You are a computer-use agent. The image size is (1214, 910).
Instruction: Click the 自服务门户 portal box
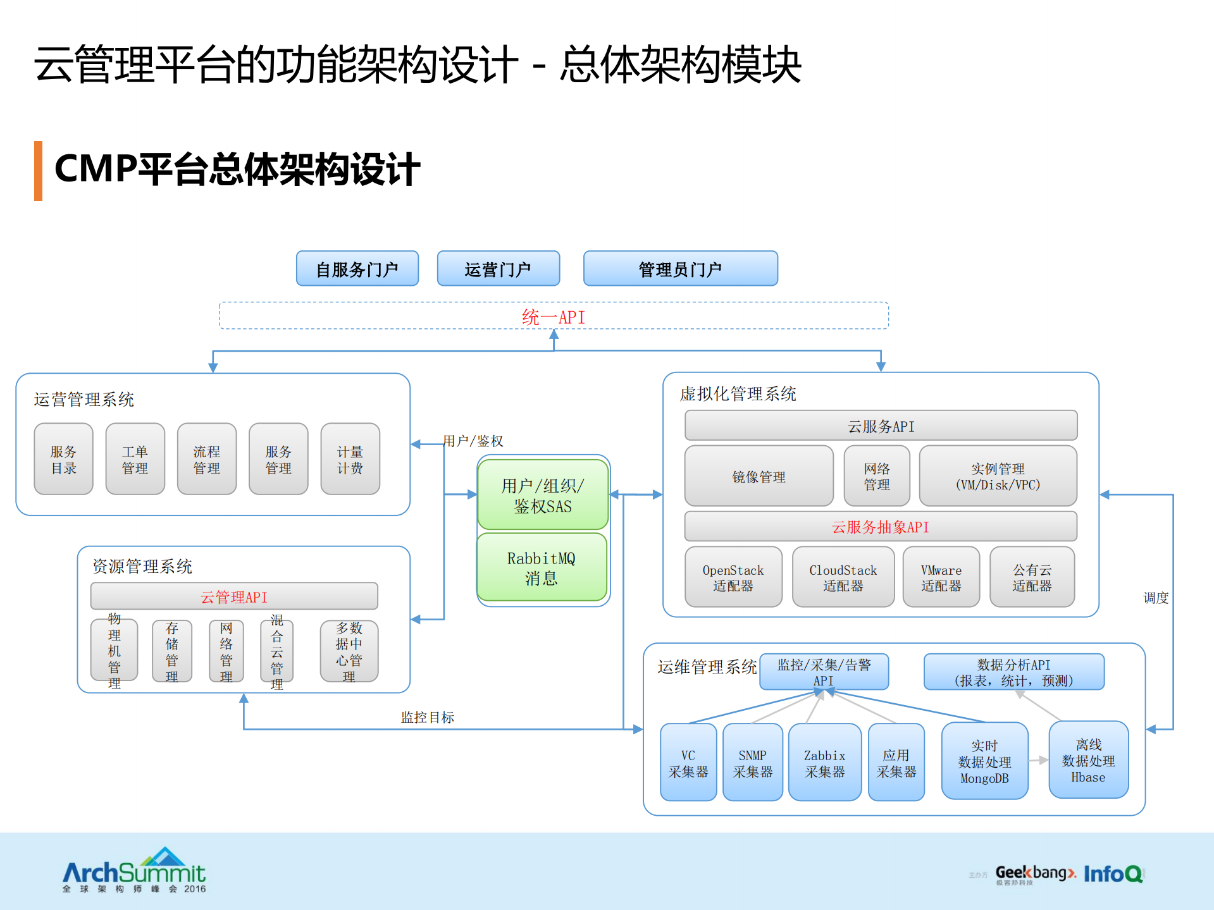tap(357, 269)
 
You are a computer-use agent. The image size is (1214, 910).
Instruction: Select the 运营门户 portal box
tap(498, 269)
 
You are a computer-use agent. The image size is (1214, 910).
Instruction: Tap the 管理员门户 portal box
tap(680, 269)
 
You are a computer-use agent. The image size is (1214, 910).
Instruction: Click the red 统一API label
tap(554, 317)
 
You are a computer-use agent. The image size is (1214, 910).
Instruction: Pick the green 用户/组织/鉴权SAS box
tap(543, 495)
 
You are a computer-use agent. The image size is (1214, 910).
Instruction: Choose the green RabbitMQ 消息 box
tap(542, 567)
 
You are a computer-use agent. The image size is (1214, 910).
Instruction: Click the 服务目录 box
tap(63, 459)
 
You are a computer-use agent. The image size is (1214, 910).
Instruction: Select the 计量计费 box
tap(350, 459)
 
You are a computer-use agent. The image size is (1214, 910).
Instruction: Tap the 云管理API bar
tap(234, 596)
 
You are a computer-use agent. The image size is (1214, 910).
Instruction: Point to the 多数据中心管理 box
tap(349, 651)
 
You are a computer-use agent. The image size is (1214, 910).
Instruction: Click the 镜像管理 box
tap(759, 476)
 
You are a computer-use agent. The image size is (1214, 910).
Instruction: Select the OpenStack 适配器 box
tap(733, 577)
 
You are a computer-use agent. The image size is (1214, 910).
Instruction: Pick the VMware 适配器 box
tap(941, 577)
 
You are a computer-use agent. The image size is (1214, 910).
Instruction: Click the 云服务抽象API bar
tap(881, 527)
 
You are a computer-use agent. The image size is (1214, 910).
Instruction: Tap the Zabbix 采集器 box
tap(824, 763)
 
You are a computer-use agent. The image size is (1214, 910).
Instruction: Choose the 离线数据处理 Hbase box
tap(1088, 760)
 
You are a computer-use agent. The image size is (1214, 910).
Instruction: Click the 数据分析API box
tap(1013, 672)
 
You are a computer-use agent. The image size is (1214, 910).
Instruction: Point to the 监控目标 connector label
tap(428, 717)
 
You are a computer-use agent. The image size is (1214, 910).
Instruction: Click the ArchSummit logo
tap(134, 871)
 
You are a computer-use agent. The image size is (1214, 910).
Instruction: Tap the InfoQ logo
tap(1113, 873)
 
